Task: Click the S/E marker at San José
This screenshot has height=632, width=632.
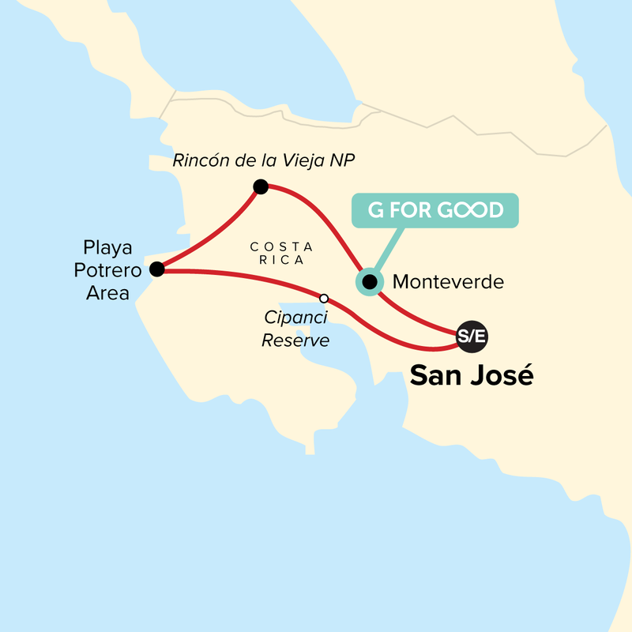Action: (x=472, y=337)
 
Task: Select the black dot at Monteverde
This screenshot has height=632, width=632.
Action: (x=369, y=280)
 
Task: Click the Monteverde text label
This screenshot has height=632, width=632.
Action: (x=447, y=281)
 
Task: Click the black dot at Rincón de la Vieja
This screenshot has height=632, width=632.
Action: (x=261, y=187)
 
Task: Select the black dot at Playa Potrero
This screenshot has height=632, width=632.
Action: (x=157, y=269)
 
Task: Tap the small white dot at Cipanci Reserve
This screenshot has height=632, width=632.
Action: (x=323, y=298)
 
